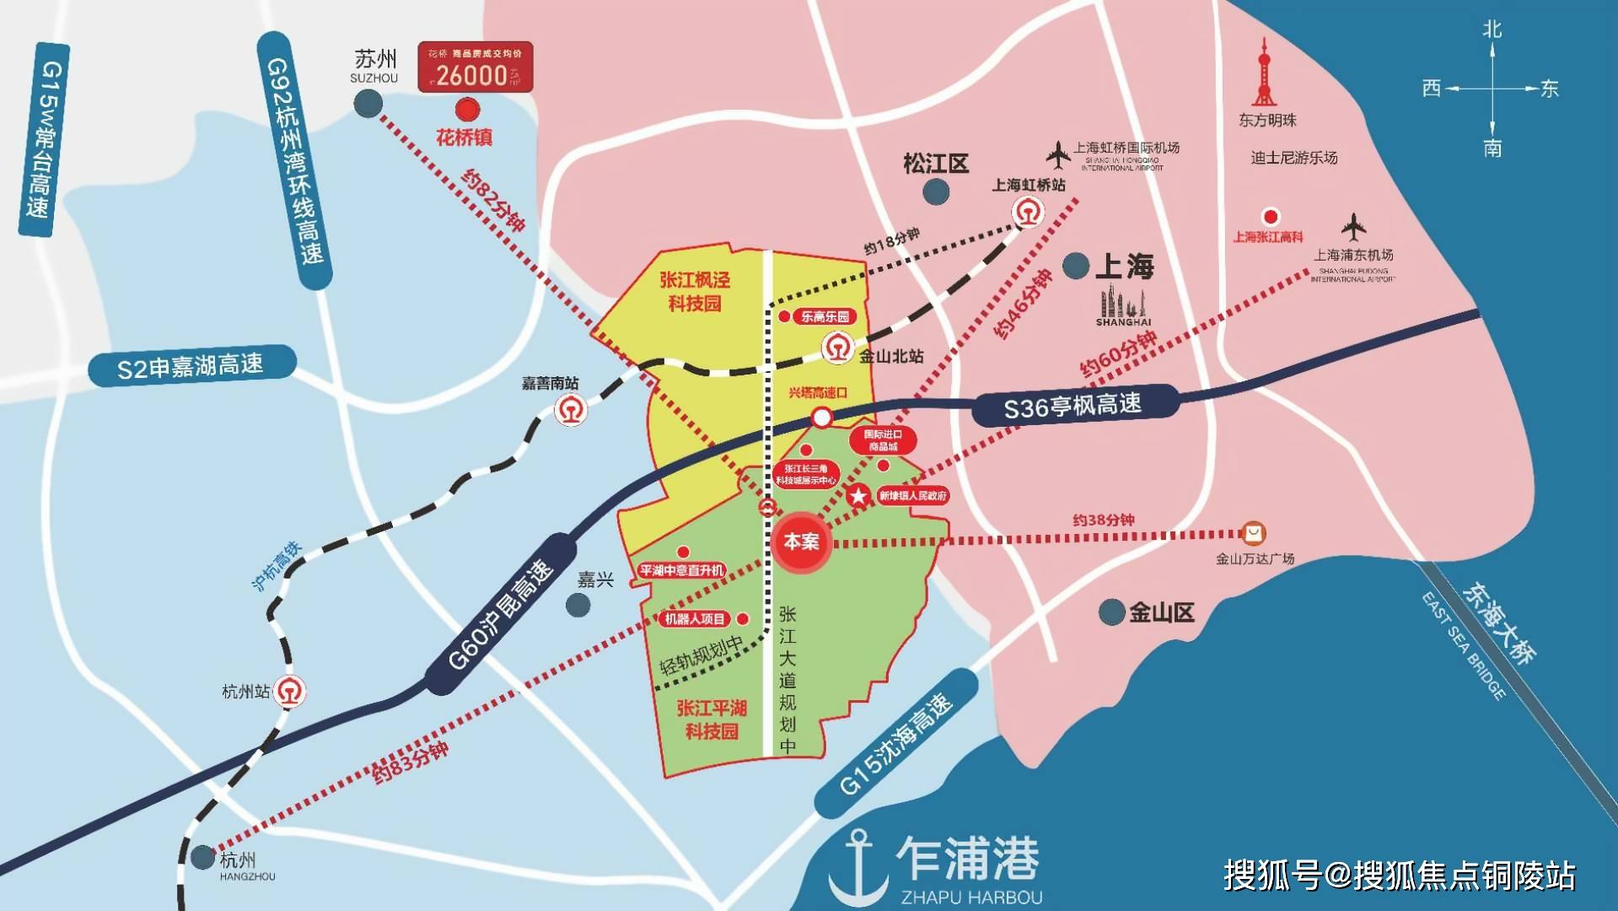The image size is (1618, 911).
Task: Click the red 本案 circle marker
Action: tap(800, 542)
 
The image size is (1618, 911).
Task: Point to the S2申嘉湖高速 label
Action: tap(191, 367)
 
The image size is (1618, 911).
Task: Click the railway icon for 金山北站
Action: tap(837, 348)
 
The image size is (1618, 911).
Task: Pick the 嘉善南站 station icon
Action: tap(570, 411)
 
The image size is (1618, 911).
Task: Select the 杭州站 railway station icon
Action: tap(291, 692)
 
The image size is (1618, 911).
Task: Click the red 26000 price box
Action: tap(476, 67)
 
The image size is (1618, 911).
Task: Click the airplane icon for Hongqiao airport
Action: tap(1058, 154)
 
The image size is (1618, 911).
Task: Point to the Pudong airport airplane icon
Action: tap(1353, 228)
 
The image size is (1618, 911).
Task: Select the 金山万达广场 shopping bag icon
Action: tap(1254, 533)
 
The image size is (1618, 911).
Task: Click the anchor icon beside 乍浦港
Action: tap(857, 865)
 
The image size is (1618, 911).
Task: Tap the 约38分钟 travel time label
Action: tap(1103, 520)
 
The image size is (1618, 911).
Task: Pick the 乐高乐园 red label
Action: tap(824, 317)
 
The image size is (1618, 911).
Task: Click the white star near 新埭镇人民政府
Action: tap(858, 496)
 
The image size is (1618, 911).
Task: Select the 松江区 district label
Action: tap(936, 164)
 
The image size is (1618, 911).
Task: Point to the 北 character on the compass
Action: tap(1492, 30)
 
